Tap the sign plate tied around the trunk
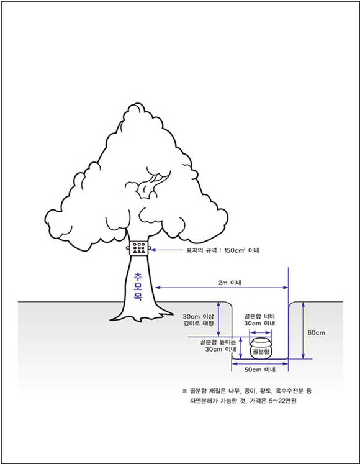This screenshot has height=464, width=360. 139,248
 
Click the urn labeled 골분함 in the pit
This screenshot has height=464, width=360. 261,348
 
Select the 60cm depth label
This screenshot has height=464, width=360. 316,332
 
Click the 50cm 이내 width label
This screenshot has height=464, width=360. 259,370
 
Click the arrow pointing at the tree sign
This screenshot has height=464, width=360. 167,250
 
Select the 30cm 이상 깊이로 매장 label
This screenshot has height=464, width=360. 198,320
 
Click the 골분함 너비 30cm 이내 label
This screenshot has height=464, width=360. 259,320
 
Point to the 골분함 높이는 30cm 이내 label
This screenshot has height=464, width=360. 218,345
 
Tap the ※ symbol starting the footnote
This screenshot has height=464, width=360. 184,391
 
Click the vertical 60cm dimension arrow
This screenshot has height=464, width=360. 303,330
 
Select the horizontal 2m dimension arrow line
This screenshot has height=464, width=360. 222,288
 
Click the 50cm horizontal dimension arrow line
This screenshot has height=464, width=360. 259,363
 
